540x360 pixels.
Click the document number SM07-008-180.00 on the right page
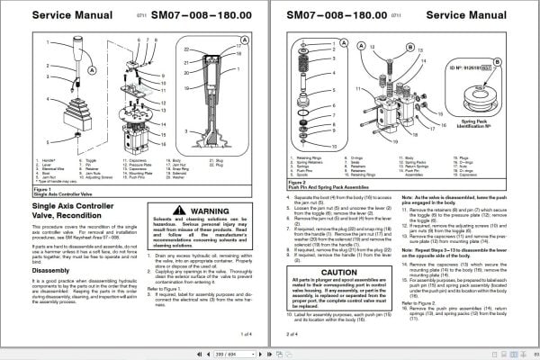(x=337, y=15)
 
